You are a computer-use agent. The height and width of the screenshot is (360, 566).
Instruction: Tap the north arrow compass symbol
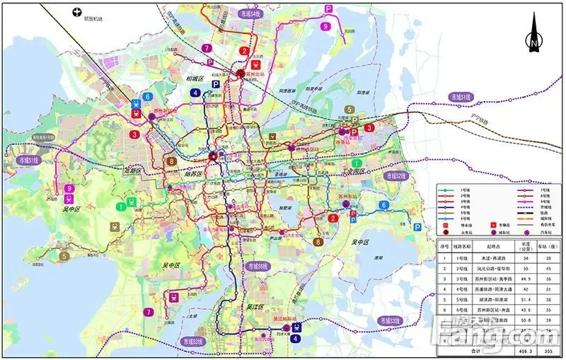coord(534,32)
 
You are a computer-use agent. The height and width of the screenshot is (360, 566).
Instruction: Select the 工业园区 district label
coord(359,171)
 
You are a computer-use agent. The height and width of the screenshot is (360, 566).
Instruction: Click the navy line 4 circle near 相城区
coord(195,93)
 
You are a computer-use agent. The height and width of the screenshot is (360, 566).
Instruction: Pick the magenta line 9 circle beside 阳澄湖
coord(325,27)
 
